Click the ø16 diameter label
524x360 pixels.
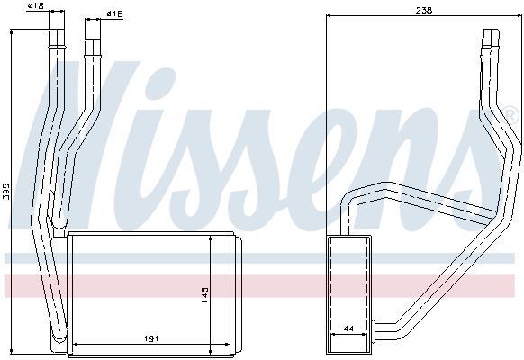115,13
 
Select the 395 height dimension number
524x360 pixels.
6,191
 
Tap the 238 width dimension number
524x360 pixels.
424,11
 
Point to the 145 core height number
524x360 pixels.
204,294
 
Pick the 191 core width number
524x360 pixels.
151,338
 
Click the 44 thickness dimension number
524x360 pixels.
348,328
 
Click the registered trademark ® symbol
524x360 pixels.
512,114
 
